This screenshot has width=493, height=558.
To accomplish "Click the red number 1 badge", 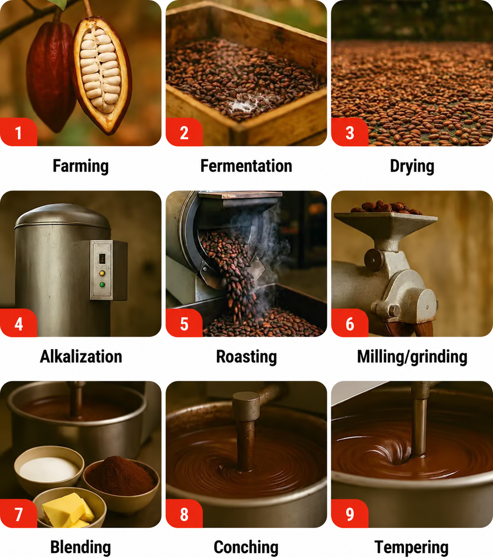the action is coord(18,132).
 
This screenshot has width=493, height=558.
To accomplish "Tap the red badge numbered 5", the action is coord(184,323).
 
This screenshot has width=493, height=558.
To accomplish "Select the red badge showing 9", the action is coord(349,514).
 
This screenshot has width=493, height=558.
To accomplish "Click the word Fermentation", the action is coord(246,166).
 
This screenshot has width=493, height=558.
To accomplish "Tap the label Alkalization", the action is coord(81,357).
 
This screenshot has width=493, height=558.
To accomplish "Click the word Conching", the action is coord(246,548).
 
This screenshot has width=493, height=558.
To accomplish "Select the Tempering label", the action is coord(411,548).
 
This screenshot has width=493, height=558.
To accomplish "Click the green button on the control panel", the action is coord(102,285).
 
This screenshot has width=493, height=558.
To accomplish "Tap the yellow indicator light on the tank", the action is coord(102,273).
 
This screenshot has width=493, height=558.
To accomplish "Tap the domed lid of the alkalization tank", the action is coord(63,217).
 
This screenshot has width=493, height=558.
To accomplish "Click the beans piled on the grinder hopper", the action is coord(386,207).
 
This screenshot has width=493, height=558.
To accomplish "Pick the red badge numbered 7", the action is coord(18,514).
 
